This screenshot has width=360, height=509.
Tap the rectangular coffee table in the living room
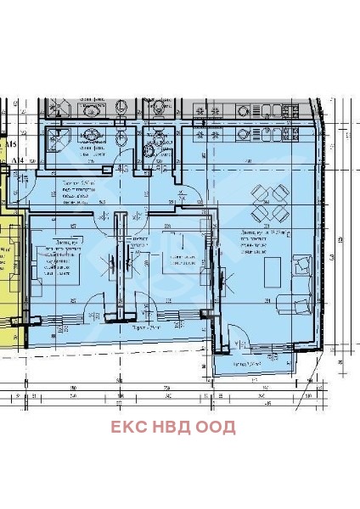pos(274,272)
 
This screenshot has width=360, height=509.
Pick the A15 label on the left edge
pos(10,147)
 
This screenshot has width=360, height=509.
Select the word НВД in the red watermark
pos(172,427)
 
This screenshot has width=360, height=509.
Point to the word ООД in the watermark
pos(216,427)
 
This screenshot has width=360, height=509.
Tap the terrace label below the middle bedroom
pos(147,328)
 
